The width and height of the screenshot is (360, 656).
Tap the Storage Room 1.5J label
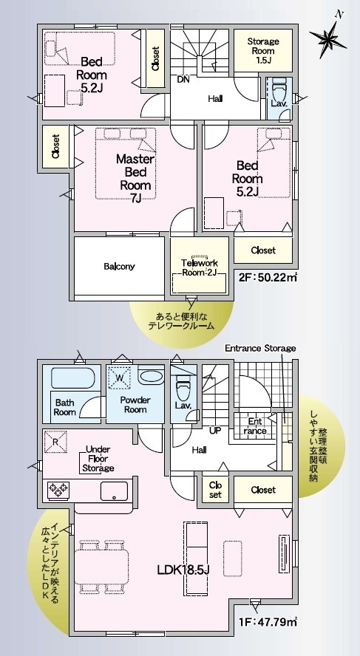263,51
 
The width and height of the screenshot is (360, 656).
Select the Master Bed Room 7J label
135,179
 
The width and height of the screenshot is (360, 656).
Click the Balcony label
119,266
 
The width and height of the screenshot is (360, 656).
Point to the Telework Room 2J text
200,267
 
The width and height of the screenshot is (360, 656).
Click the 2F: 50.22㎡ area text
266,277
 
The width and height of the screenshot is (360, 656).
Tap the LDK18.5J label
183,570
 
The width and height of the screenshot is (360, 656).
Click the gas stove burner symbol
58,490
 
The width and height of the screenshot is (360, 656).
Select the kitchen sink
115,491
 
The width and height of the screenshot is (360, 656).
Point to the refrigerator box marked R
55,441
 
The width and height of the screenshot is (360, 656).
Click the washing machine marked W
120,377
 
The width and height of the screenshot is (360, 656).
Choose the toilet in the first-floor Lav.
183,387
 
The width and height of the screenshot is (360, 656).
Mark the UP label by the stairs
215,430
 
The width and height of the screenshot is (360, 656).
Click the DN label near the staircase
183,79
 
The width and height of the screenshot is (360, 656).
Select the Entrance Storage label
260,348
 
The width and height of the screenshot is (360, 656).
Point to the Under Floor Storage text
98,459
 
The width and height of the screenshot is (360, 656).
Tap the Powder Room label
135,405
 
